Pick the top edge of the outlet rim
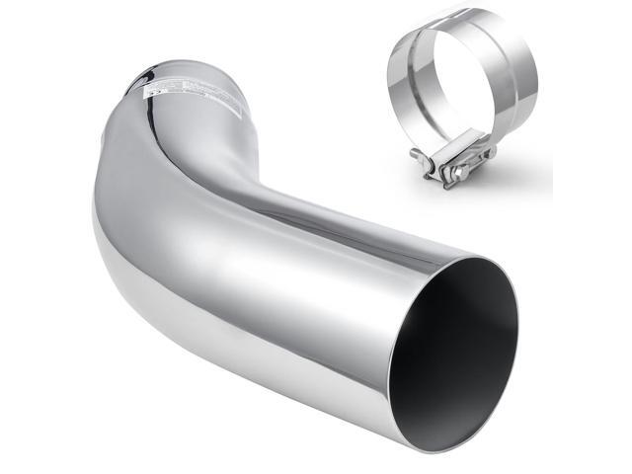click(x=484, y=259)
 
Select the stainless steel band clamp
click(x=459, y=99)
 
